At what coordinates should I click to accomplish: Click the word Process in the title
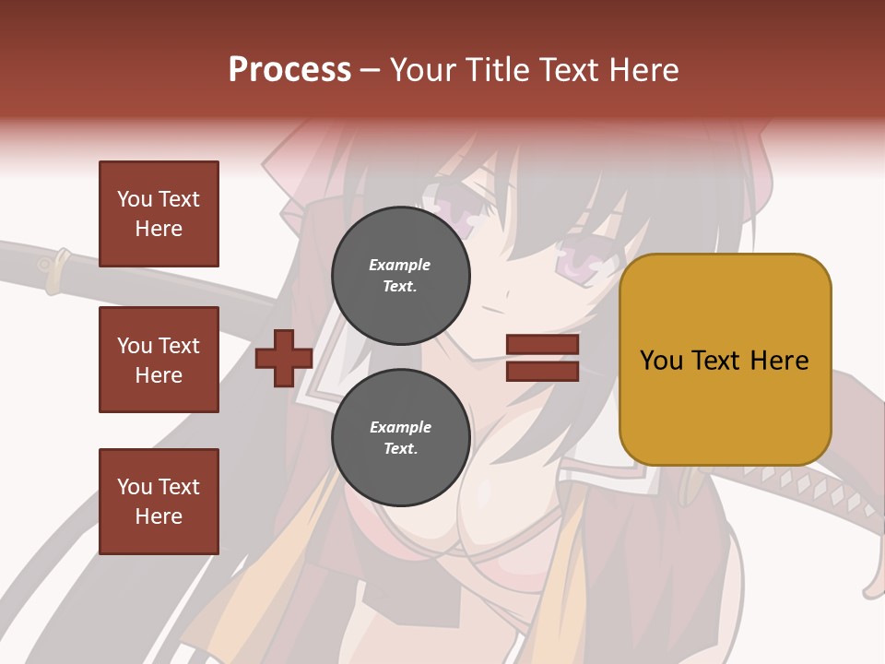[x=289, y=70]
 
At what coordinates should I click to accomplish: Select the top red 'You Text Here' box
[x=159, y=214]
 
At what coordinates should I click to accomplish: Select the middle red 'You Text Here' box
[x=159, y=360]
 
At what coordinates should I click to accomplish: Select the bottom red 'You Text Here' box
[x=159, y=501]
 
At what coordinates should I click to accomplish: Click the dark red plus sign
[x=284, y=358]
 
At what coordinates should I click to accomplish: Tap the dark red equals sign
[x=542, y=358]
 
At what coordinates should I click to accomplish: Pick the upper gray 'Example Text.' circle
[x=400, y=276]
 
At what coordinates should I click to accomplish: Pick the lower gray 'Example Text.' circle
[x=400, y=438]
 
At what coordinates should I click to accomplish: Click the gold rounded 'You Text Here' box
[x=725, y=359]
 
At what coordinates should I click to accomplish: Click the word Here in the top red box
[x=159, y=229]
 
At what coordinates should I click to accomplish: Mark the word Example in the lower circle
[x=400, y=428]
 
